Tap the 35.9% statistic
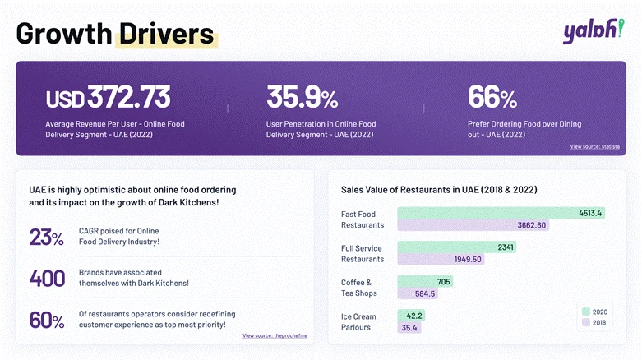click(x=302, y=97)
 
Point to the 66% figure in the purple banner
click(x=492, y=97)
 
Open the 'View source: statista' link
click(x=594, y=146)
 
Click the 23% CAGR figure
click(x=46, y=238)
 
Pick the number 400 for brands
click(x=47, y=278)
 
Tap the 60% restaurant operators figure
click(x=47, y=319)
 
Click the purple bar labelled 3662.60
click(x=473, y=225)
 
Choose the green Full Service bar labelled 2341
click(x=457, y=247)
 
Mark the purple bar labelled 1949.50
click(x=441, y=260)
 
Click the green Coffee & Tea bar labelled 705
click(x=425, y=281)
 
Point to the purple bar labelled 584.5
click(x=418, y=293)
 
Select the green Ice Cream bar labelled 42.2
click(x=411, y=315)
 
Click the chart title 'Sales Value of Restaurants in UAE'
click(x=439, y=189)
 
